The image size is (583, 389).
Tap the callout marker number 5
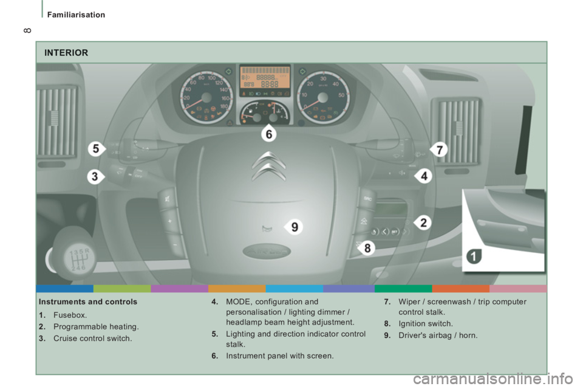[x=95, y=148]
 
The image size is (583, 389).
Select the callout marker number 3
[x=95, y=177]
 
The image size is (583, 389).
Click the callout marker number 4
[x=423, y=176]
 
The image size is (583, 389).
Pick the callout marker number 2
[x=422, y=222]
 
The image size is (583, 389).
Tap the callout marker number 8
[x=367, y=247]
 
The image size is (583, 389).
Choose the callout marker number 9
[x=293, y=227]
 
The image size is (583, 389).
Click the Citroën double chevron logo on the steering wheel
[x=267, y=166]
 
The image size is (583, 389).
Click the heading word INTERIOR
[x=66, y=53]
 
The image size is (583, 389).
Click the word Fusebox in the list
[x=70, y=315]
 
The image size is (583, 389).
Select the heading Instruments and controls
[x=87, y=301]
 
